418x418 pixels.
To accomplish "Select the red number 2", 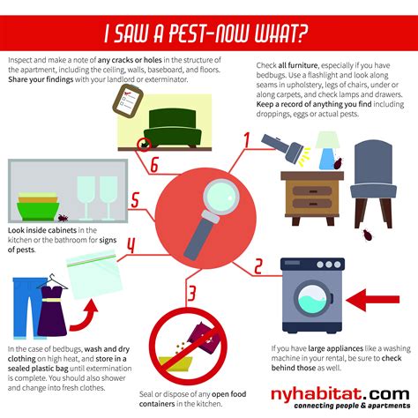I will coord(258,265).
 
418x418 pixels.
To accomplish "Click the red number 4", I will coord(131,243).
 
